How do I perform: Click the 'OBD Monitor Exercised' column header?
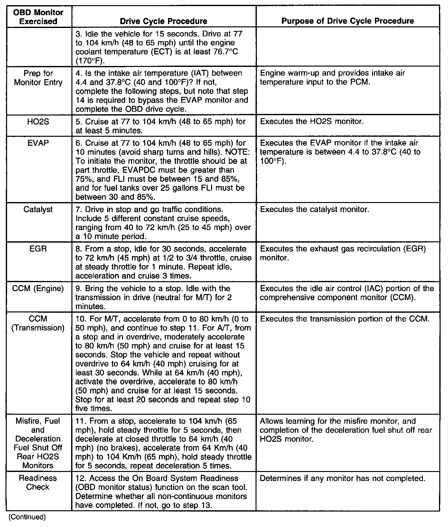pos(38,17)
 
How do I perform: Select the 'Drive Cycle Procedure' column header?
pos(163,21)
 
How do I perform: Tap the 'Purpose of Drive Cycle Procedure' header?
pos(348,21)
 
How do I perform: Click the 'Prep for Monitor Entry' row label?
pos(38,78)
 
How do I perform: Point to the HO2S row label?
pos(38,122)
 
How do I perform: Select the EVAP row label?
pos(38,143)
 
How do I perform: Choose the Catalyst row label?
pos(38,209)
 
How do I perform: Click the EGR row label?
pos(38,249)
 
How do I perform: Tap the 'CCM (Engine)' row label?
pos(38,289)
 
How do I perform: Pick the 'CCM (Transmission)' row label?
pos(38,323)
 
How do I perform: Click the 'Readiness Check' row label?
pos(38,483)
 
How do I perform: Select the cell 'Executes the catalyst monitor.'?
pos(314,209)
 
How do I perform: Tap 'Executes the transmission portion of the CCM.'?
pos(344,319)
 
